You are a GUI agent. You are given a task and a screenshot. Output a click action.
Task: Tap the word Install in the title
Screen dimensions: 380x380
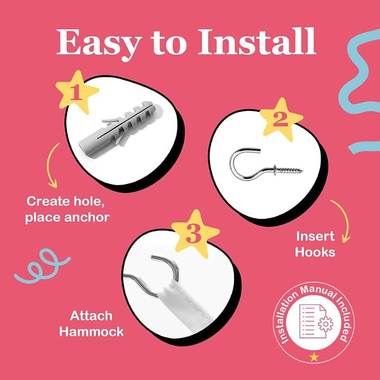click(257, 41)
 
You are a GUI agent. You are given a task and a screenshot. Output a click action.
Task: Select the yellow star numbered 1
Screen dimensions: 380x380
click(77, 92)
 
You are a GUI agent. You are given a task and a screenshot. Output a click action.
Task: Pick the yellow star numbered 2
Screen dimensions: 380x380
click(281, 119)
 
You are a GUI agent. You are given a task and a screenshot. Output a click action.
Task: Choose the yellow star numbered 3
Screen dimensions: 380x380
click(195, 233)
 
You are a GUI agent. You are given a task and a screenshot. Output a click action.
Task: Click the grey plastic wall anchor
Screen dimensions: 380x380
click(120, 130)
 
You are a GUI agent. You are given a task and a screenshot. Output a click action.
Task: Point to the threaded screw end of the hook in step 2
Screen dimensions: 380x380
click(289, 170)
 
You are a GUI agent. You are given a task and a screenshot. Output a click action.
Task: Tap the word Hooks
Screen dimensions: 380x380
click(315, 252)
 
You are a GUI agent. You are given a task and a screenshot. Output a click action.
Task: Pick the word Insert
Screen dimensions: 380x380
click(315, 236)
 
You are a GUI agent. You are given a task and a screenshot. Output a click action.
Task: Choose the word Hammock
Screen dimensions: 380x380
click(91, 331)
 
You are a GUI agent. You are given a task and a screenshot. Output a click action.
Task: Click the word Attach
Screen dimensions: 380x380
click(91, 316)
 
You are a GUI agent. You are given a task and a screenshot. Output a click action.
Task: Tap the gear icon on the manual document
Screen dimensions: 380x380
click(326, 324)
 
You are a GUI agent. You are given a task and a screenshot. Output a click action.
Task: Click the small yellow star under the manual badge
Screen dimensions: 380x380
click(314, 356)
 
